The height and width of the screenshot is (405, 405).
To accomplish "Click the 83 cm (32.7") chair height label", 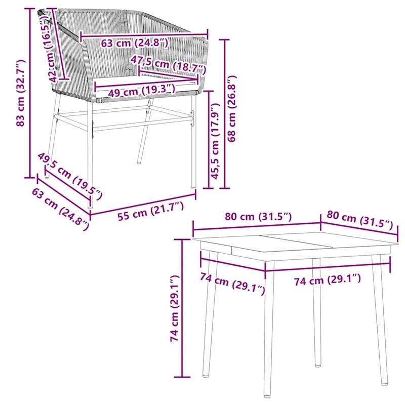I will click(20, 93).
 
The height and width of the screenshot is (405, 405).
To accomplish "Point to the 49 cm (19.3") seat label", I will click(135, 91).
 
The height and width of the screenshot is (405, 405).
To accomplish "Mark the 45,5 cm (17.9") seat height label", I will click(215, 141).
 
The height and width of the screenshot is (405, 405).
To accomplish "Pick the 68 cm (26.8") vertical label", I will click(232, 109).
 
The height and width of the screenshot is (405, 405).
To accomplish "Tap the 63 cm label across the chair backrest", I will click(134, 43).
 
